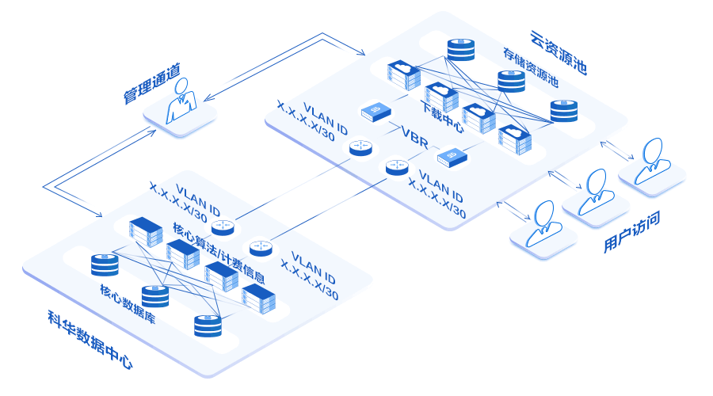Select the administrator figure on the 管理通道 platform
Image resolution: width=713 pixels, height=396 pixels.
(181, 101)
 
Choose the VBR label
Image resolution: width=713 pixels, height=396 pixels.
(416, 132)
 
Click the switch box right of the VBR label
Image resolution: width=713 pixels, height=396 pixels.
(453, 158)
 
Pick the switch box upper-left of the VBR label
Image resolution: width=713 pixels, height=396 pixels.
(376, 112)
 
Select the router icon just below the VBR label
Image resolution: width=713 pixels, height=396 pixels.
(397, 166)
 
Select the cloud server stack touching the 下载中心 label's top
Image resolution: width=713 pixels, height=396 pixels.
(440, 97)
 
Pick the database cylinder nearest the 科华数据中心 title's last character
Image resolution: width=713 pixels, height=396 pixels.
(208, 325)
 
